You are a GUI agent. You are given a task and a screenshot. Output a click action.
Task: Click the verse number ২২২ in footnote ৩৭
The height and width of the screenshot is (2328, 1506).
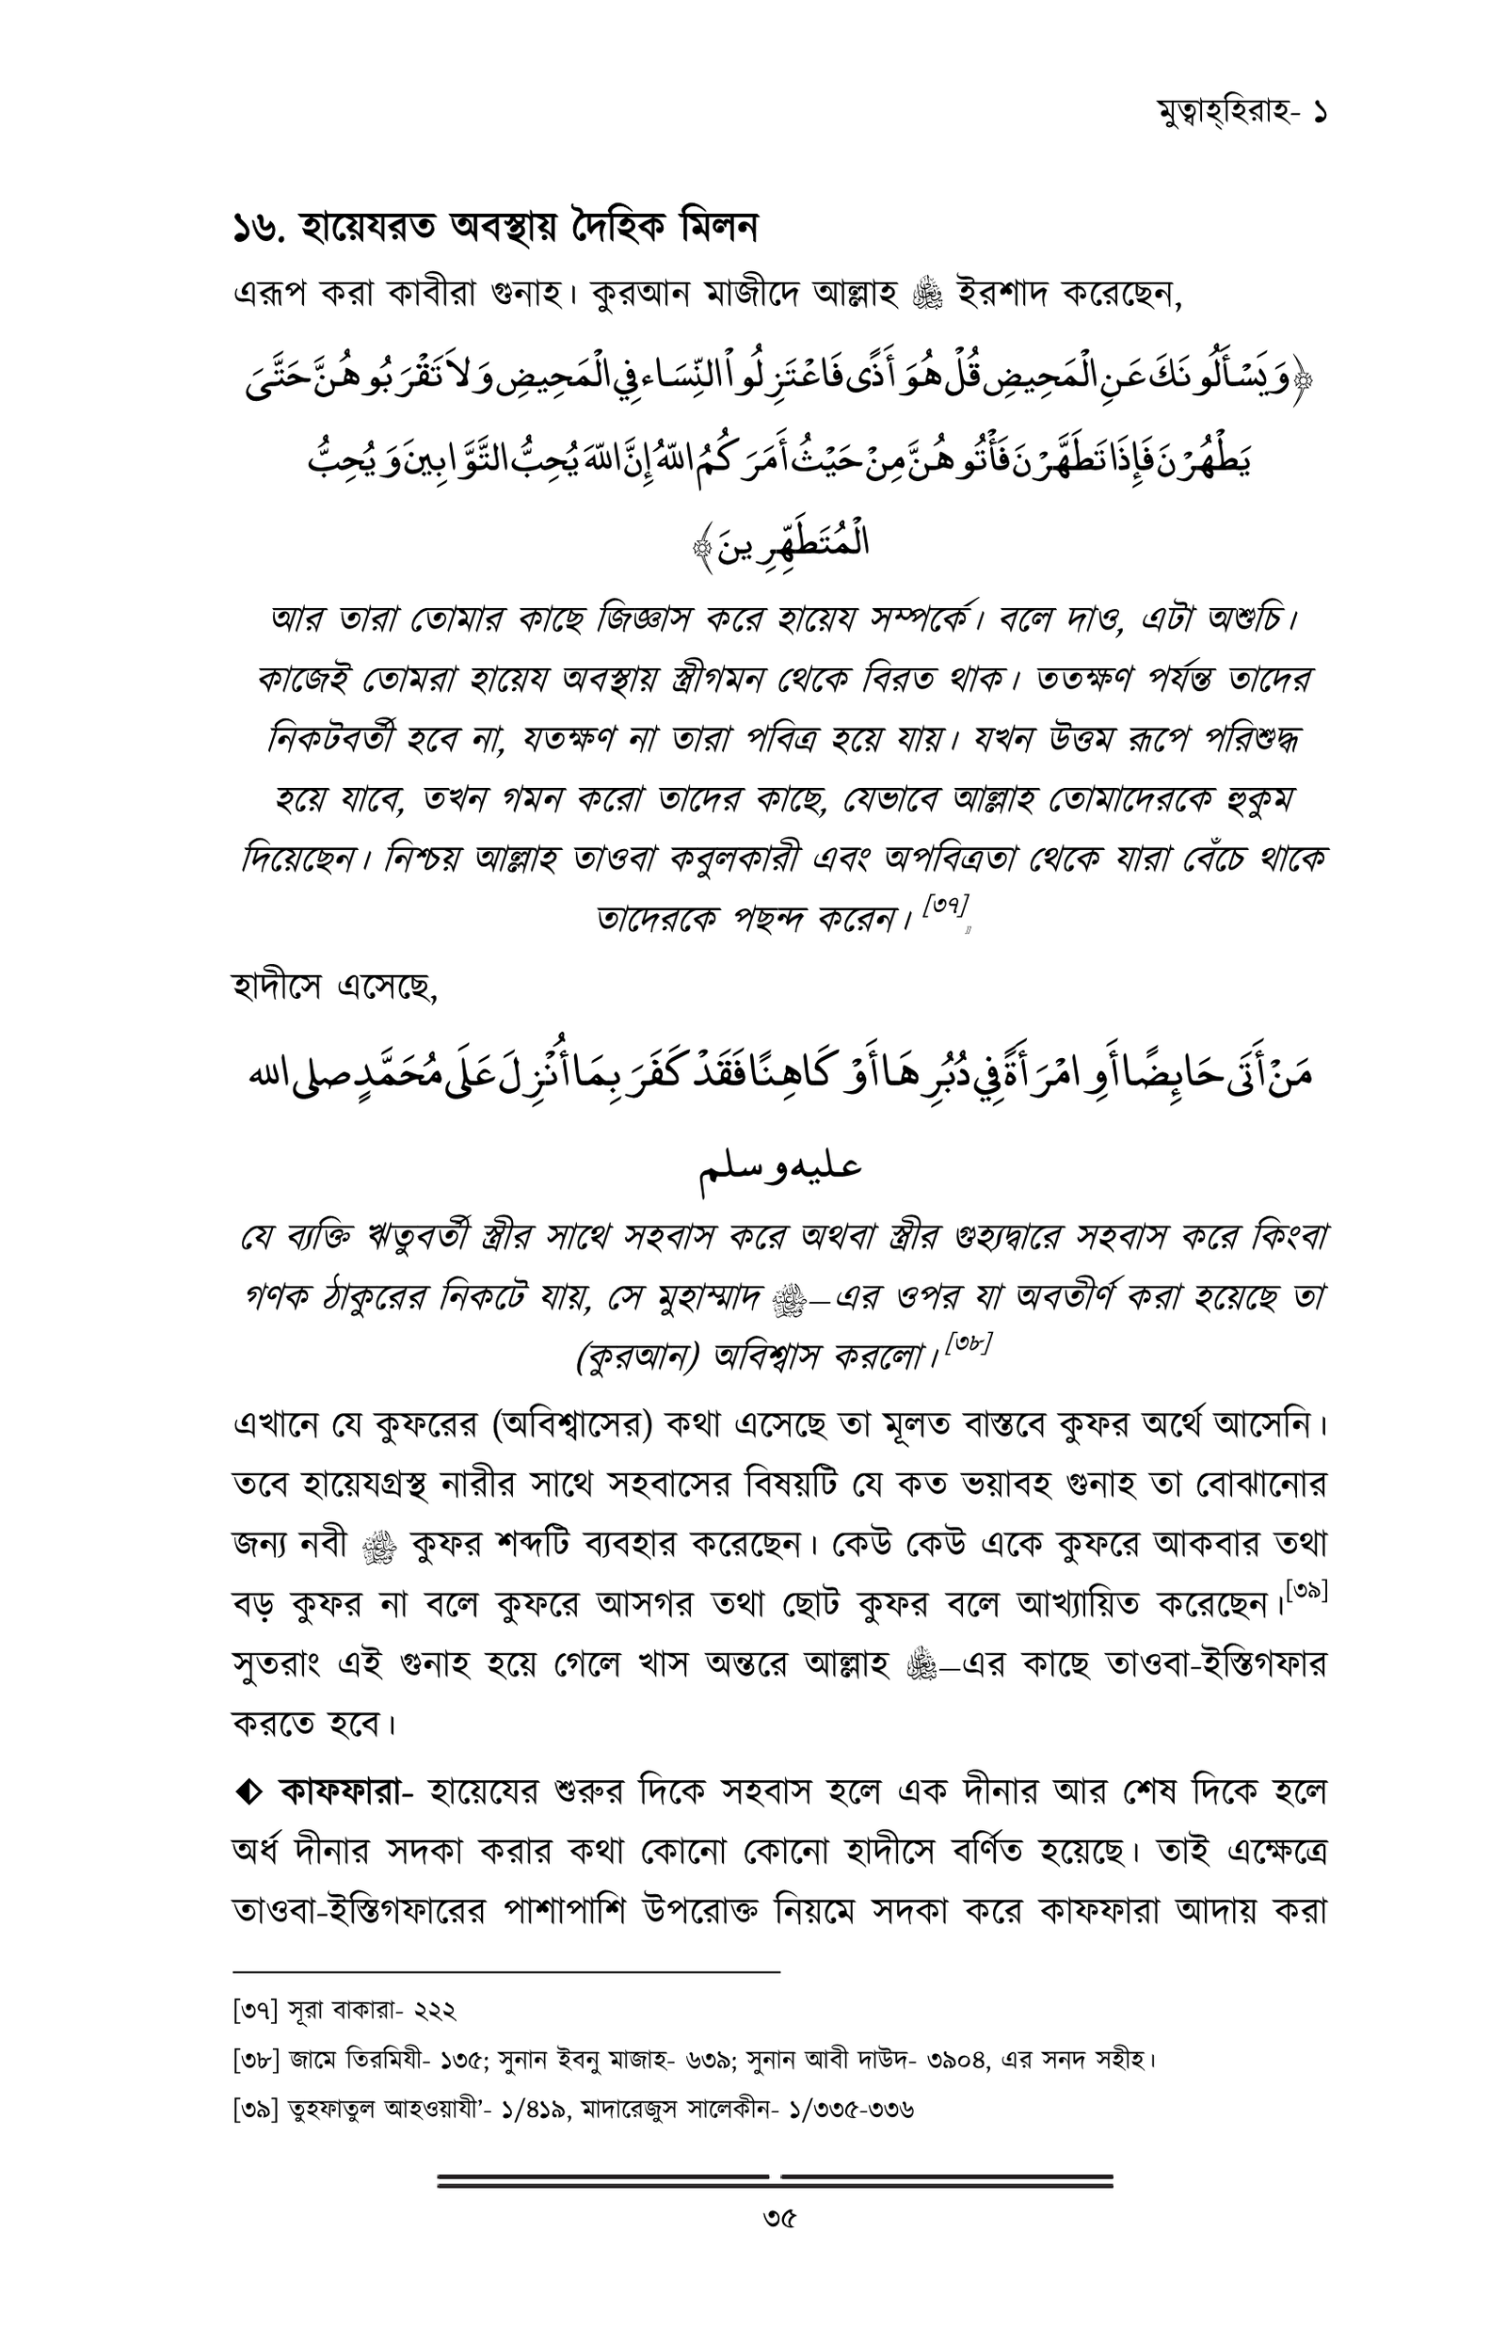coord(429,2011)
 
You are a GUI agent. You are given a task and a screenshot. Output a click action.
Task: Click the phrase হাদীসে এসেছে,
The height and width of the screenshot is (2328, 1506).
coord(334,988)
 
